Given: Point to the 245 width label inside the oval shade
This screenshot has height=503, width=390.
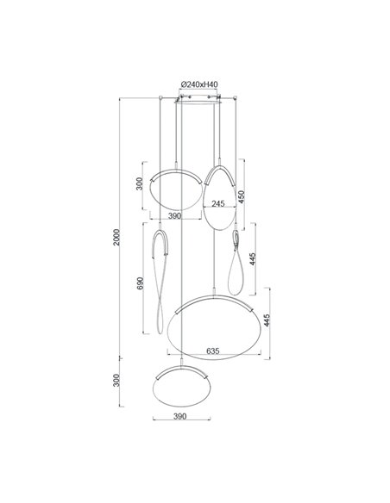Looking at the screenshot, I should pos(218,204).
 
